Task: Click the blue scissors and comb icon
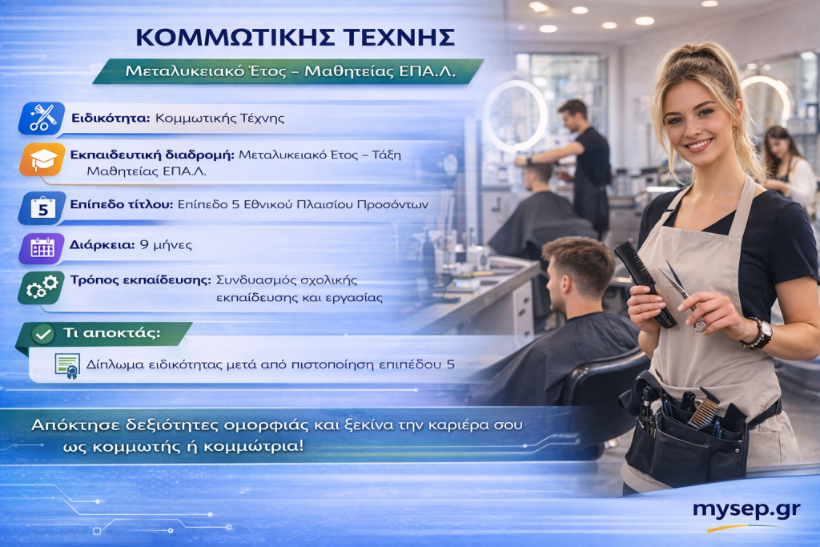(42, 119)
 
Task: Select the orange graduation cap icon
(42, 159)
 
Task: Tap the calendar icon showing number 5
(42, 207)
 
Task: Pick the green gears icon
(42, 287)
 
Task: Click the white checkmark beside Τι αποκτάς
(43, 334)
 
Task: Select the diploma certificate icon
(67, 365)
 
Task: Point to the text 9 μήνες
(165, 245)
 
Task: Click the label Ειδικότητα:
(111, 119)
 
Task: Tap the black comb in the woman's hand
(645, 284)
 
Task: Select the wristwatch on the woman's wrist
(758, 333)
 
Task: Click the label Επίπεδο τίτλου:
(122, 204)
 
